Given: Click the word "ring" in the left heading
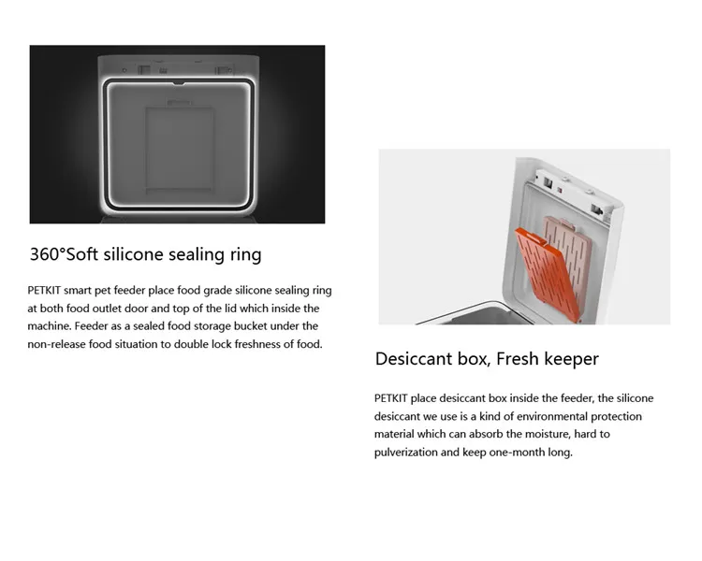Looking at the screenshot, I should pyautogui.click(x=245, y=254).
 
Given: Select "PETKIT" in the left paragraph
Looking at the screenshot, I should pyautogui.click(x=48, y=291).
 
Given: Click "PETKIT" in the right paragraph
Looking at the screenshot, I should pyautogui.click(x=394, y=398).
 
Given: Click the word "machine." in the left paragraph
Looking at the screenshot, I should pyautogui.click(x=53, y=326).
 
